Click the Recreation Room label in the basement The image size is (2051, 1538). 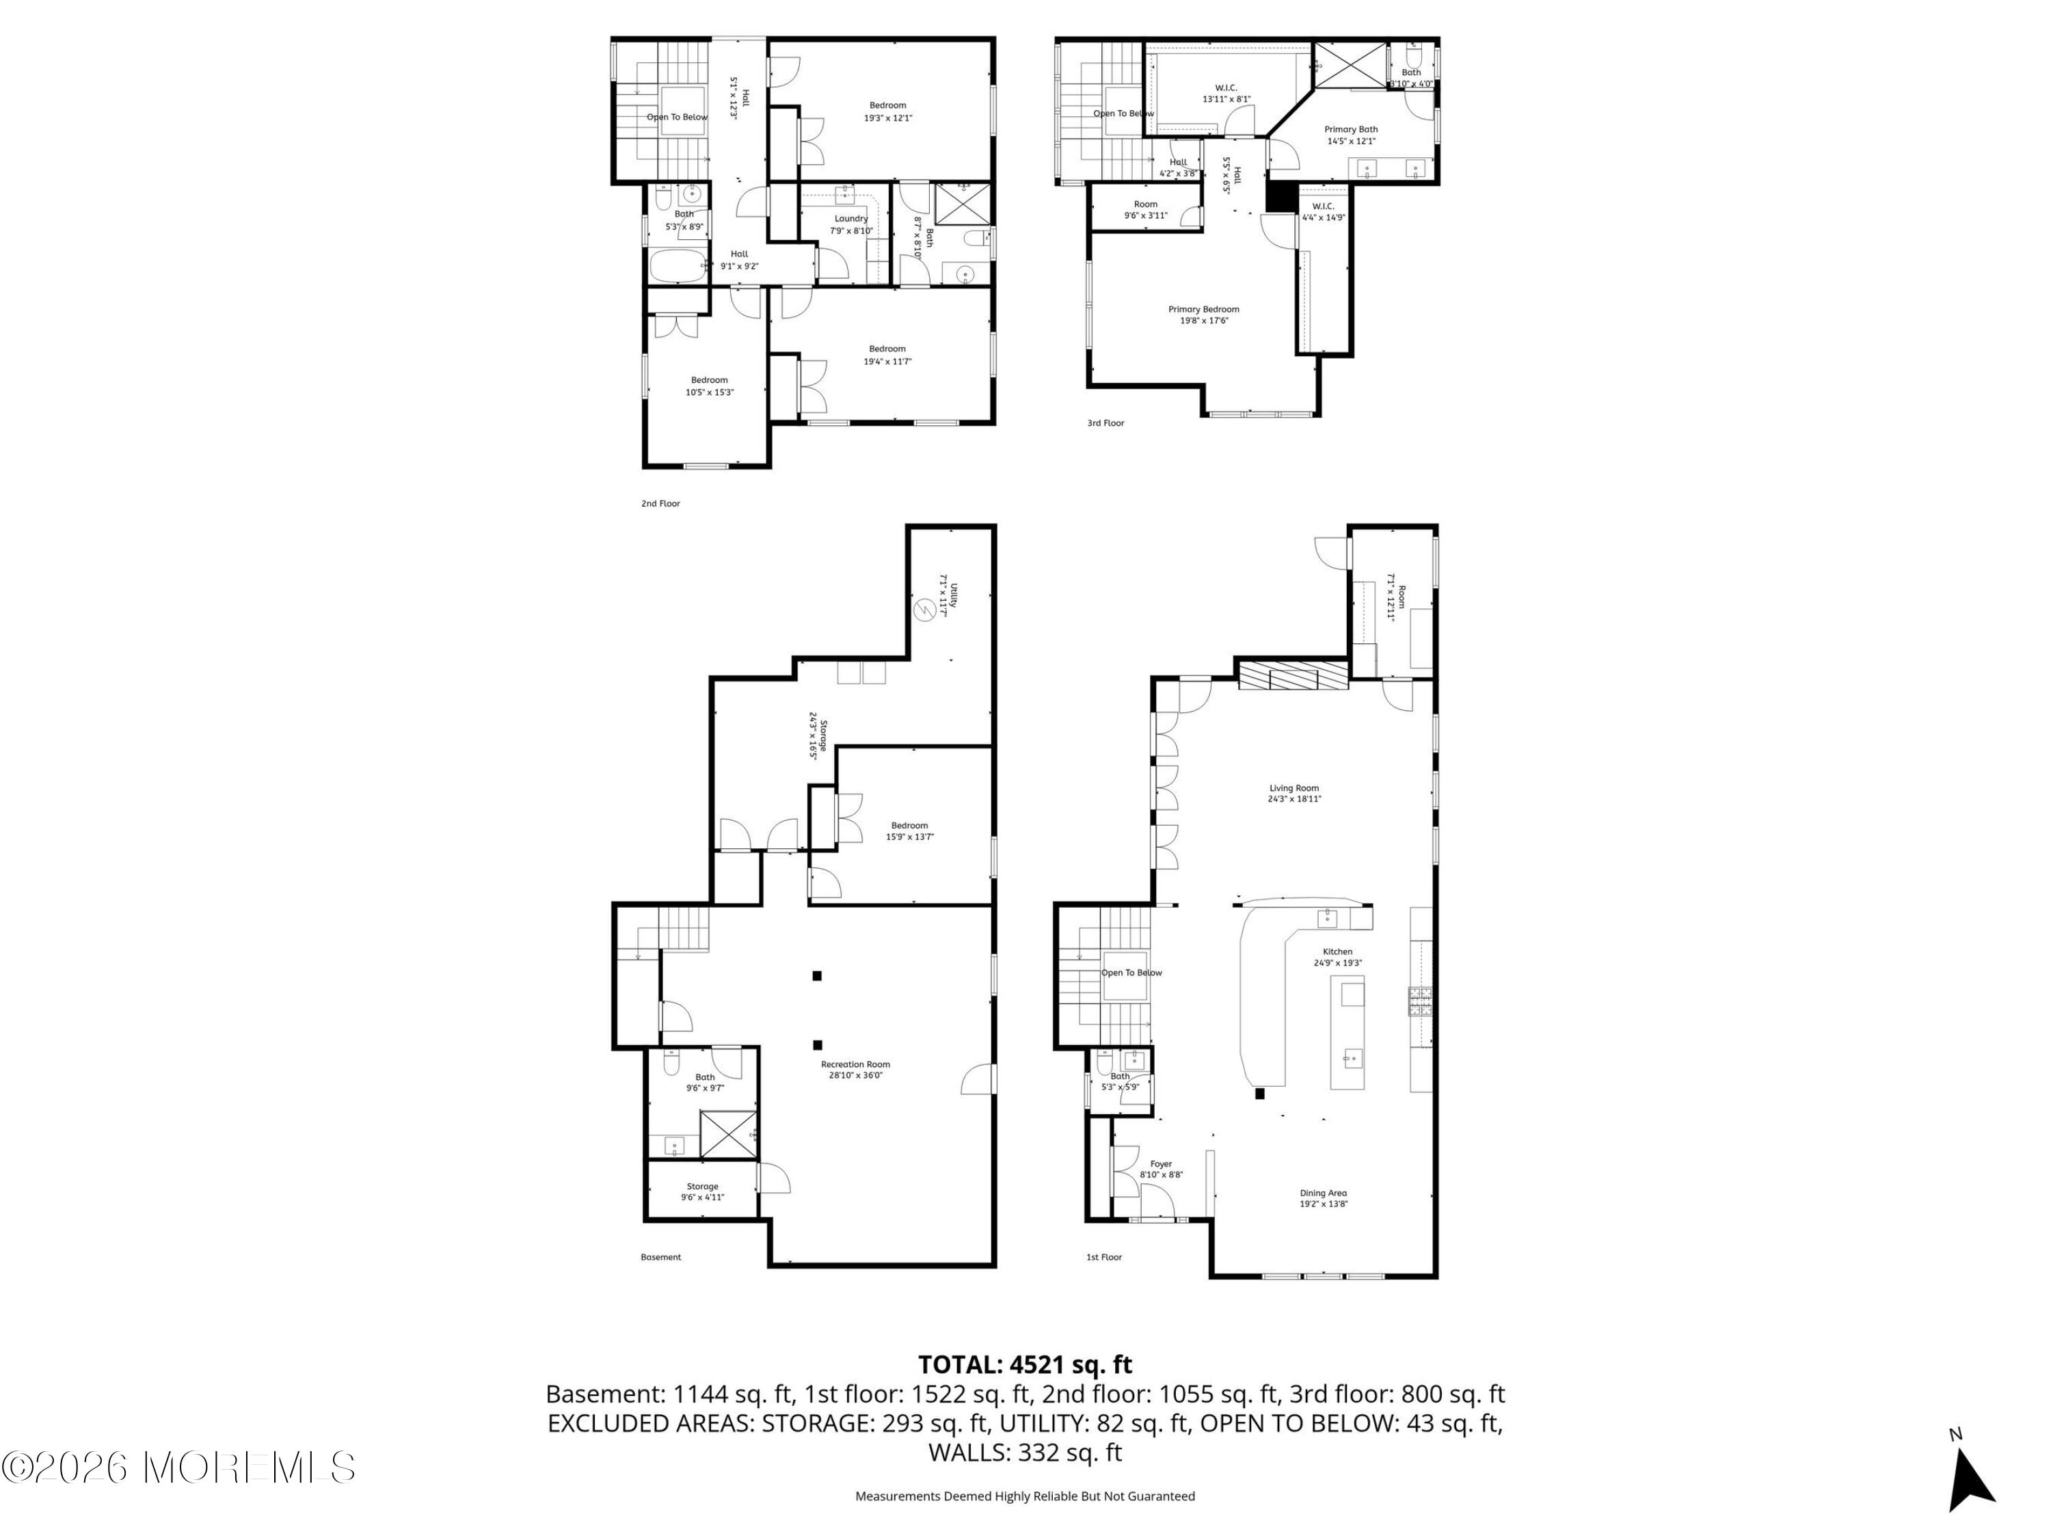[x=855, y=1070]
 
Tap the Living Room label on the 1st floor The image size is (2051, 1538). [x=1294, y=793]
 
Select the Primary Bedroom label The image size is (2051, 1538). [x=1203, y=315]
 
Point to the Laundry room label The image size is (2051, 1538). [x=851, y=224]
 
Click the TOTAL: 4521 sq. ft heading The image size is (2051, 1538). [x=1025, y=1364]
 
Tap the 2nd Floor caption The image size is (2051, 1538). [x=660, y=503]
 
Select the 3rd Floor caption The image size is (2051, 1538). [x=1105, y=422]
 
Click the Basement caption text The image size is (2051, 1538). [x=660, y=1257]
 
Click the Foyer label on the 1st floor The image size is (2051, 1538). [x=1161, y=1169]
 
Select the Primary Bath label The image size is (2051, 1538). [x=1351, y=135]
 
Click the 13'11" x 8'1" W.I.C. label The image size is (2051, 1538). [x=1226, y=94]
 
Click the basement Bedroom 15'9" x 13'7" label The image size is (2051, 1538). [x=909, y=831]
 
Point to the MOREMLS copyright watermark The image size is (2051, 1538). [x=178, y=1468]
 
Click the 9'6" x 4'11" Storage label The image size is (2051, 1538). [x=702, y=1191]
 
